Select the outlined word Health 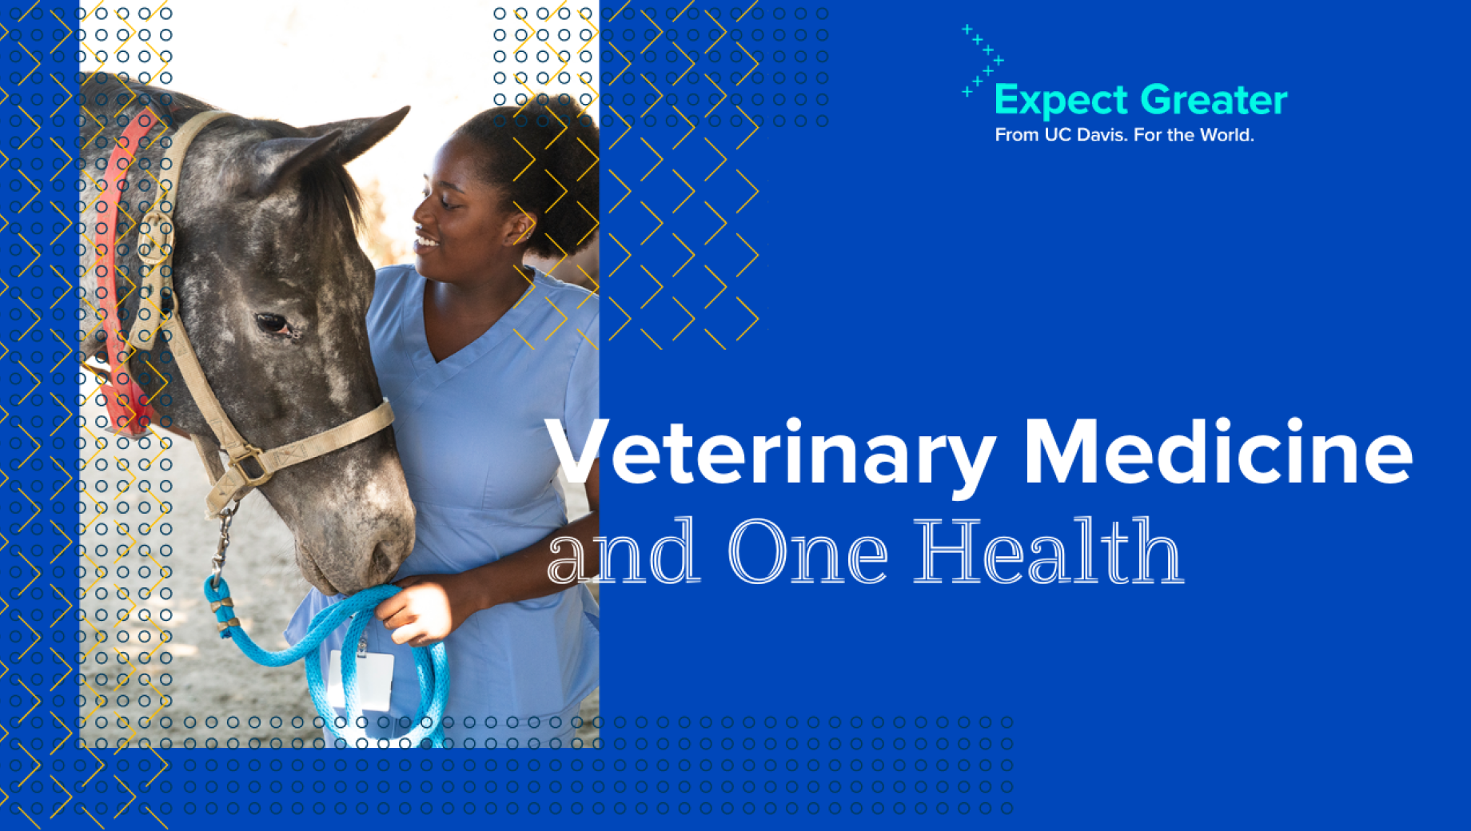pyautogui.click(x=1048, y=551)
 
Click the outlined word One pyautogui.click(x=807, y=551)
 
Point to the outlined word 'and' pyautogui.click(x=624, y=551)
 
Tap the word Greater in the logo pyautogui.click(x=1214, y=100)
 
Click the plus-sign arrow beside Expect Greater pyautogui.click(x=983, y=61)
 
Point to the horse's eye pyautogui.click(x=274, y=324)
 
